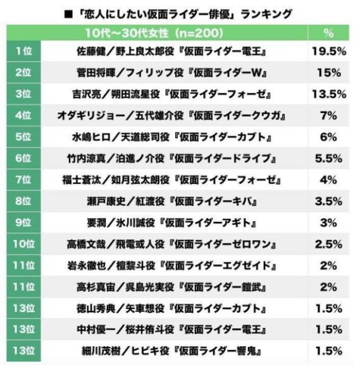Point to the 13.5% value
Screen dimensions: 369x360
[328, 95]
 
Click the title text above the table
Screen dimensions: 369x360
[180, 12]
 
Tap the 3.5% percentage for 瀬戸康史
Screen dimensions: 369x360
[328, 202]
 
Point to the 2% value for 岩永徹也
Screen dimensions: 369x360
[328, 265]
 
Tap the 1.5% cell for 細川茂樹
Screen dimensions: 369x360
[328, 351]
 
